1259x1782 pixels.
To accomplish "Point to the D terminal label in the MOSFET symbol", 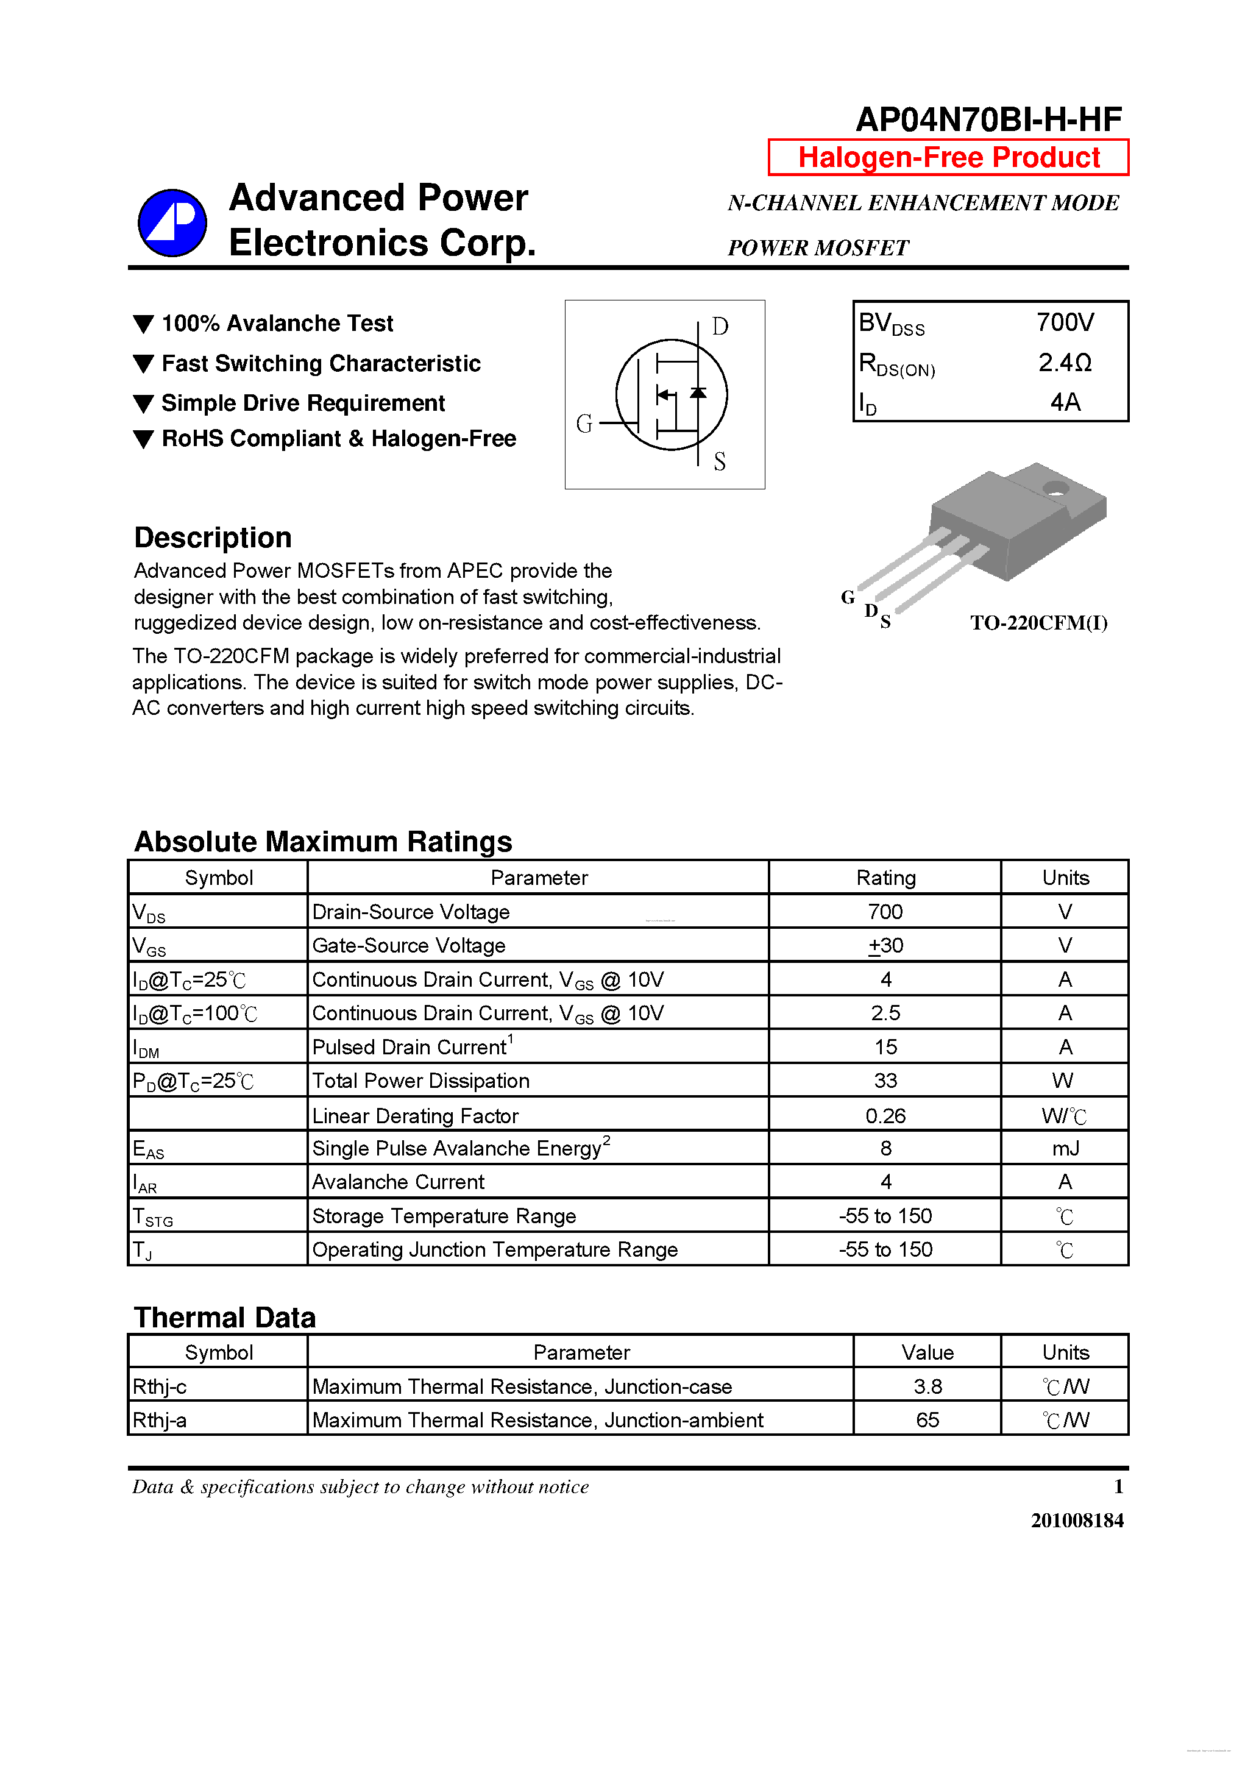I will pos(720,327).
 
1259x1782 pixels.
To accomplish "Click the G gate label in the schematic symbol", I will pos(584,424).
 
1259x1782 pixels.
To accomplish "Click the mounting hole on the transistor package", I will pos(1055,488).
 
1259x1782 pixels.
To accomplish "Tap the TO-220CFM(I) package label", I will pos(1038,623).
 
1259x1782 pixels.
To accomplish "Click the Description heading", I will pos(213,537).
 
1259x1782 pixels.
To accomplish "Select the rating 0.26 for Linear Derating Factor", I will pos(885,1116).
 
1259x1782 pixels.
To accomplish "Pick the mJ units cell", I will pos(1065,1149).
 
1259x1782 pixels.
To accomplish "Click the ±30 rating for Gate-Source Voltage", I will pos(885,945).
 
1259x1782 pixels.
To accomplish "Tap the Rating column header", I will pos(885,878).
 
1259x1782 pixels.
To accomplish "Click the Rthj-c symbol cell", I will pos(160,1386).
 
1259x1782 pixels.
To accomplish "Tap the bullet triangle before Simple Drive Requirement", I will pos(144,403).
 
